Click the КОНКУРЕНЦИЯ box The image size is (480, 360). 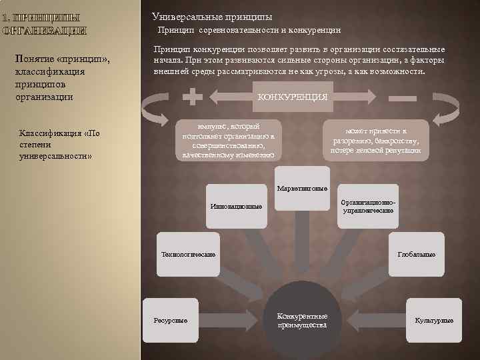click(x=292, y=97)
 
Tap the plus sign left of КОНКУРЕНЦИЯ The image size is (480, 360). click(x=193, y=97)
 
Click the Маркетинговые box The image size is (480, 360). click(x=301, y=187)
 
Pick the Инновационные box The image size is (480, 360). click(x=235, y=206)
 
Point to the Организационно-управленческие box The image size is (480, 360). click(x=368, y=206)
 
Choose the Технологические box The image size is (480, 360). click(x=189, y=254)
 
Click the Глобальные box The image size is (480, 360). click(x=416, y=254)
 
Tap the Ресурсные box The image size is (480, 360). click(x=171, y=320)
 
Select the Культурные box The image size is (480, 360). click(x=433, y=320)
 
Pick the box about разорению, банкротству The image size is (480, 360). click(x=376, y=141)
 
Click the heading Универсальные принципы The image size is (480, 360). click(x=212, y=16)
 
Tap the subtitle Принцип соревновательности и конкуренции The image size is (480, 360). click(x=249, y=30)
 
